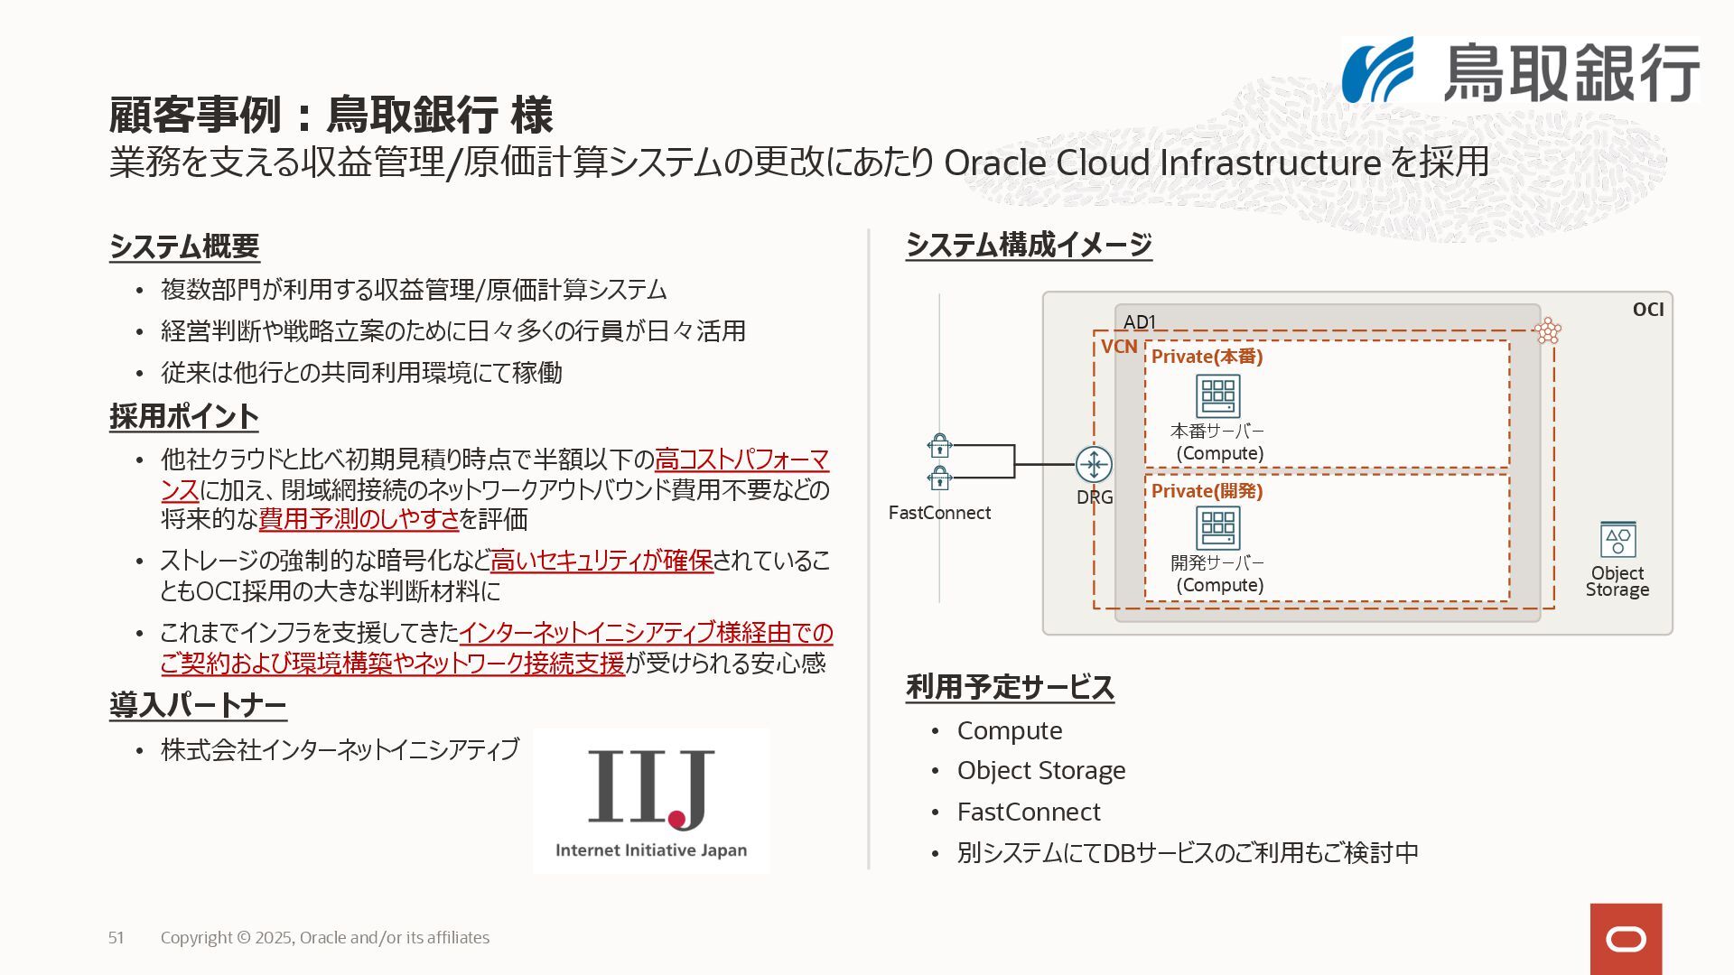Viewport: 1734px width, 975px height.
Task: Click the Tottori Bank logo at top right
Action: tap(1520, 70)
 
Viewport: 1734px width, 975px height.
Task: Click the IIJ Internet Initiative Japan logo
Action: tap(650, 801)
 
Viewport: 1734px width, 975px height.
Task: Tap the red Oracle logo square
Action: tap(1626, 939)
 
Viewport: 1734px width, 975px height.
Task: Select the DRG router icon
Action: tap(1094, 464)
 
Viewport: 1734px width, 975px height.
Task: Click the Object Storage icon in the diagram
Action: tap(1617, 540)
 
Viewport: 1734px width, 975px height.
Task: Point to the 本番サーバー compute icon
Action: tap(1217, 396)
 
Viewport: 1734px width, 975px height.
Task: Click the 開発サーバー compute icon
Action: tap(1217, 528)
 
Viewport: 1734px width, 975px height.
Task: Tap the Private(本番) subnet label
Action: tap(1207, 357)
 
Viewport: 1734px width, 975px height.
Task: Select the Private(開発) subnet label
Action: tap(1207, 491)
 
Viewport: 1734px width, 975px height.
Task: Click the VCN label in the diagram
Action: tap(1119, 347)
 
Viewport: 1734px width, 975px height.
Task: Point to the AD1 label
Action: tap(1140, 321)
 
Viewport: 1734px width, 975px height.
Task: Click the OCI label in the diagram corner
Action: tap(1647, 310)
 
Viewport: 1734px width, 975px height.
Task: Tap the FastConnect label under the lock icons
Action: tap(939, 513)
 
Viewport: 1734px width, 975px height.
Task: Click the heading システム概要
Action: tap(184, 246)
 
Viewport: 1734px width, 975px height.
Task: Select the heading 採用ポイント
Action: tap(184, 416)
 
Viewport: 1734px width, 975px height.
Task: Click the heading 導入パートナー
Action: tap(198, 705)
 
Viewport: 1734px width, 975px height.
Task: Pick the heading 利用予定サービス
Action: tap(1010, 687)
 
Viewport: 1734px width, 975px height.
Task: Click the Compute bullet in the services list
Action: tap(1009, 730)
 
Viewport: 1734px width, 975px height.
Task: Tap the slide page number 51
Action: tap(117, 938)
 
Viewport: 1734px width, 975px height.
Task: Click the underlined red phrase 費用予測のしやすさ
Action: tap(359, 519)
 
